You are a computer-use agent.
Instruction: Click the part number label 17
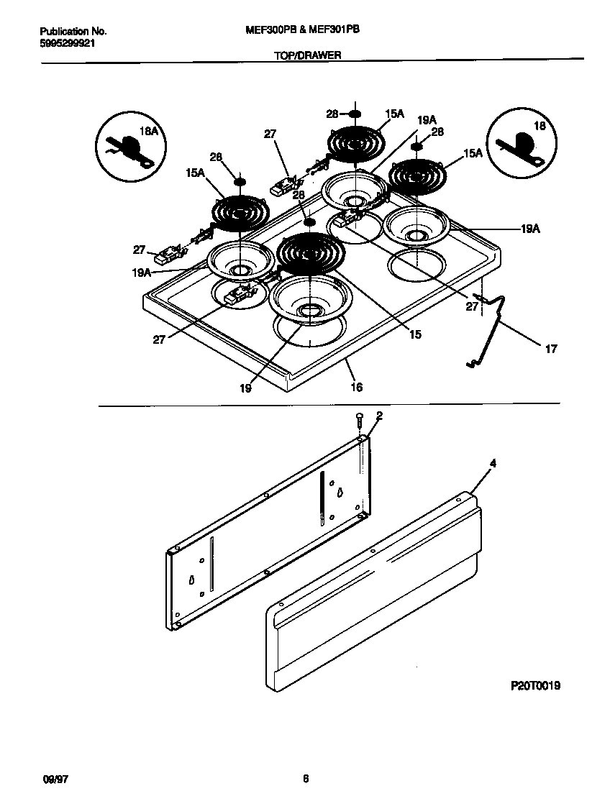(x=550, y=349)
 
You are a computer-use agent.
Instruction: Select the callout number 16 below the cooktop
(x=356, y=387)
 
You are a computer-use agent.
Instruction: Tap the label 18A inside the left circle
(x=149, y=132)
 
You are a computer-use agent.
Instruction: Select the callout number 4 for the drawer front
(x=492, y=463)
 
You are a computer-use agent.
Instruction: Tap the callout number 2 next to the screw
(x=379, y=416)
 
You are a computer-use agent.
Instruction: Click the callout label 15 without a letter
(x=414, y=334)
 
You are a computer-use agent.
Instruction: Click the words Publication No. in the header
(x=73, y=32)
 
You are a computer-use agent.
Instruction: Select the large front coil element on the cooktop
(x=311, y=252)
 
